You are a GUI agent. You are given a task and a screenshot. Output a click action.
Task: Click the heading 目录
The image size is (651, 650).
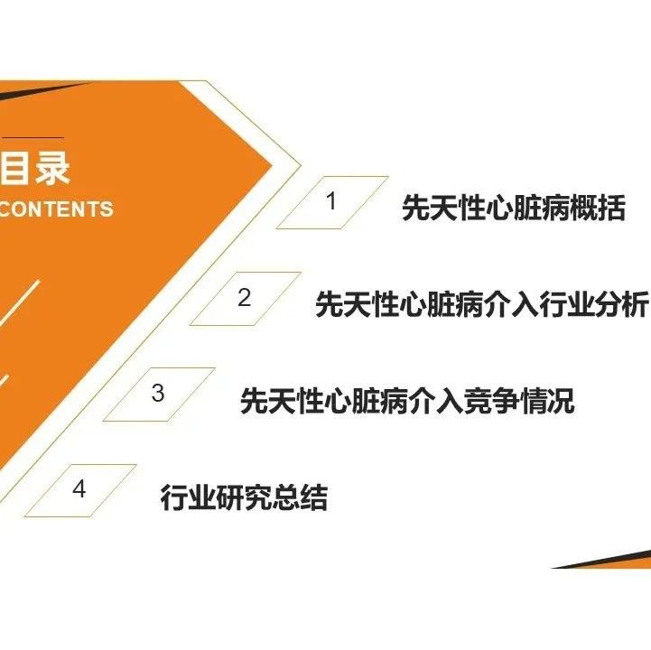coord(35,167)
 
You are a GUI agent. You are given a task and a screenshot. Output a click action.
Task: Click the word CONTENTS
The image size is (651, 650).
coord(56,209)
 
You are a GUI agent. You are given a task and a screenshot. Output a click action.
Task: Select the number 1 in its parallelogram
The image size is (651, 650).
coord(330,201)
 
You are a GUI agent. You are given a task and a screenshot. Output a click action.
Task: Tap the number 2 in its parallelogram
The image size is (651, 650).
coord(244,297)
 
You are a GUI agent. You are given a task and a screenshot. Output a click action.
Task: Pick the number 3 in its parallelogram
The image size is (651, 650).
coord(158,393)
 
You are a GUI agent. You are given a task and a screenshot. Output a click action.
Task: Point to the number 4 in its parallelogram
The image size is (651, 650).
coord(79,488)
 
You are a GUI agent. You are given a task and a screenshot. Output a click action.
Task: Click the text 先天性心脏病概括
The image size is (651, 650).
coord(514,208)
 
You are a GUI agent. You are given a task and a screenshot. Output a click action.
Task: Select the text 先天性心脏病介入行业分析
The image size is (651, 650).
coord(481,304)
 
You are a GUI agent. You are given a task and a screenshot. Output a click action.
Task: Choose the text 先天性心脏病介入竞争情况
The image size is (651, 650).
coord(407,401)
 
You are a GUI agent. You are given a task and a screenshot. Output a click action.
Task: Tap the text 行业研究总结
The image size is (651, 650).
coord(244,497)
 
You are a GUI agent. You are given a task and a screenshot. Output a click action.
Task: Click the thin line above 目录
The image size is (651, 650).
coord(33,137)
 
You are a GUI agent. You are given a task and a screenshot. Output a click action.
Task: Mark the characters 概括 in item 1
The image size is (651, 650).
coord(598,208)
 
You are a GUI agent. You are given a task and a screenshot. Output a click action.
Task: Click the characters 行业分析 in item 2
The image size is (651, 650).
coord(593,304)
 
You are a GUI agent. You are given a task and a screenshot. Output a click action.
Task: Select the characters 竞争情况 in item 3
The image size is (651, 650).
coord(519,401)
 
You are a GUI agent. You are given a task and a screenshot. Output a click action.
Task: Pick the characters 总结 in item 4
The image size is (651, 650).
coord(300,497)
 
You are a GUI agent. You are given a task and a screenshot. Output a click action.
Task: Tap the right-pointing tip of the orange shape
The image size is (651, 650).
coord(271,165)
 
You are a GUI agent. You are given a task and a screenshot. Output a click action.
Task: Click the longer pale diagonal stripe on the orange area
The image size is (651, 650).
coord(20,302)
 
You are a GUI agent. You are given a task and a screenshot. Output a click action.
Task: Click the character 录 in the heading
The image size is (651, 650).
coord(52,167)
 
